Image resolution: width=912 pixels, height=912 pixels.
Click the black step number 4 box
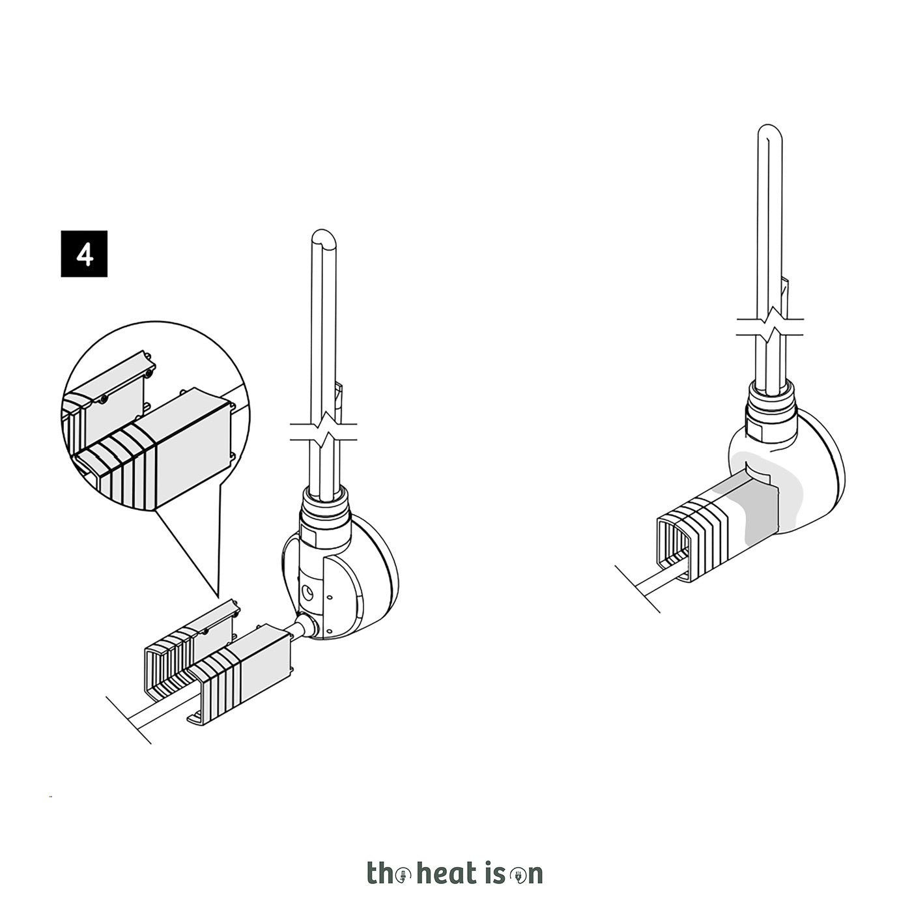click(84, 253)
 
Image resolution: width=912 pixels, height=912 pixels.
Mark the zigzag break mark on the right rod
click(770, 326)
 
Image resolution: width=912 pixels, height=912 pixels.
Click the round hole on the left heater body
click(307, 592)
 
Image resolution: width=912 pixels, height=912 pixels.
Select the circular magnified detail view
click(156, 416)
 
